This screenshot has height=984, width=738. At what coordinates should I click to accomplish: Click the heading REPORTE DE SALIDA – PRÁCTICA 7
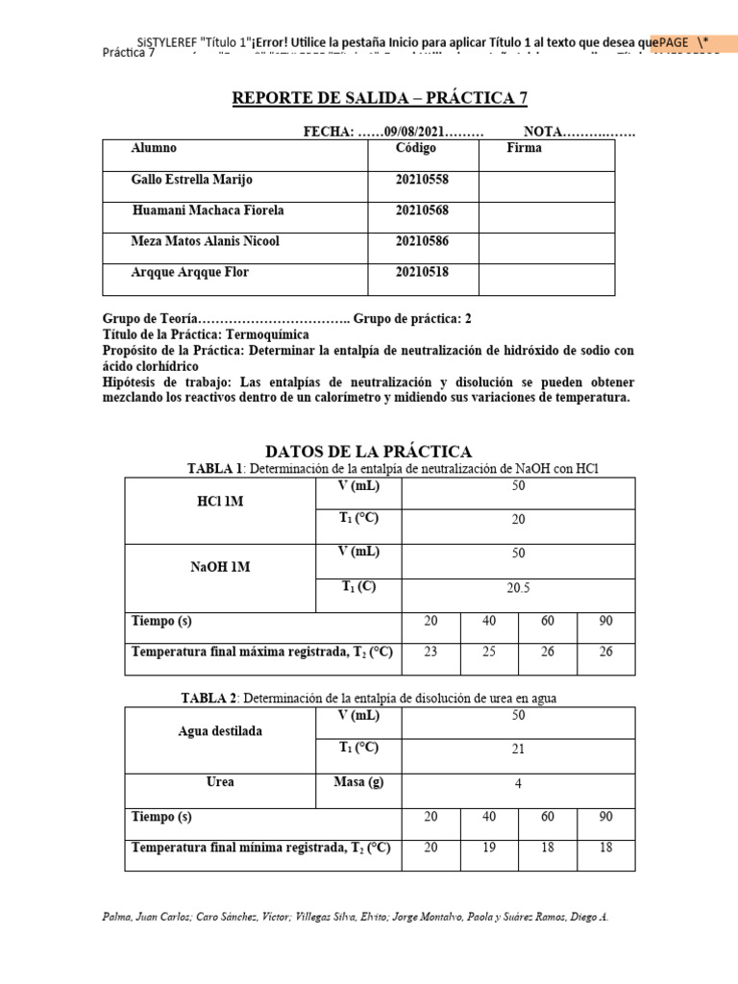(x=380, y=100)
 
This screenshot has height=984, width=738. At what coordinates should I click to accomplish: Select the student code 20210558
(x=421, y=180)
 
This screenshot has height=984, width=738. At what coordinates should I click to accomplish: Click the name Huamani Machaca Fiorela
(x=208, y=210)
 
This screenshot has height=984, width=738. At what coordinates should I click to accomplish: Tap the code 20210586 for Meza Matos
(x=421, y=241)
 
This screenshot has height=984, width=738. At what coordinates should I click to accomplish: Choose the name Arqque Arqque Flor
(x=189, y=272)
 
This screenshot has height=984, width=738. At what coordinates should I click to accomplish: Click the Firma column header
(x=524, y=149)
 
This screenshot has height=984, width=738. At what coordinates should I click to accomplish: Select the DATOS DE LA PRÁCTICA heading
(x=368, y=452)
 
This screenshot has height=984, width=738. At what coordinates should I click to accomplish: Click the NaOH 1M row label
(x=220, y=567)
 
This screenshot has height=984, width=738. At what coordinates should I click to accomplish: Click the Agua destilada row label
(x=220, y=731)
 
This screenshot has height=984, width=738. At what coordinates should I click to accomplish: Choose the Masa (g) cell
(x=358, y=782)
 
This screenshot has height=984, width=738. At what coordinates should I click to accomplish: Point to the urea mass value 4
(x=518, y=784)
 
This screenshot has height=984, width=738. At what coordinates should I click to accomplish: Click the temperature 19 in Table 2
(x=489, y=847)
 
